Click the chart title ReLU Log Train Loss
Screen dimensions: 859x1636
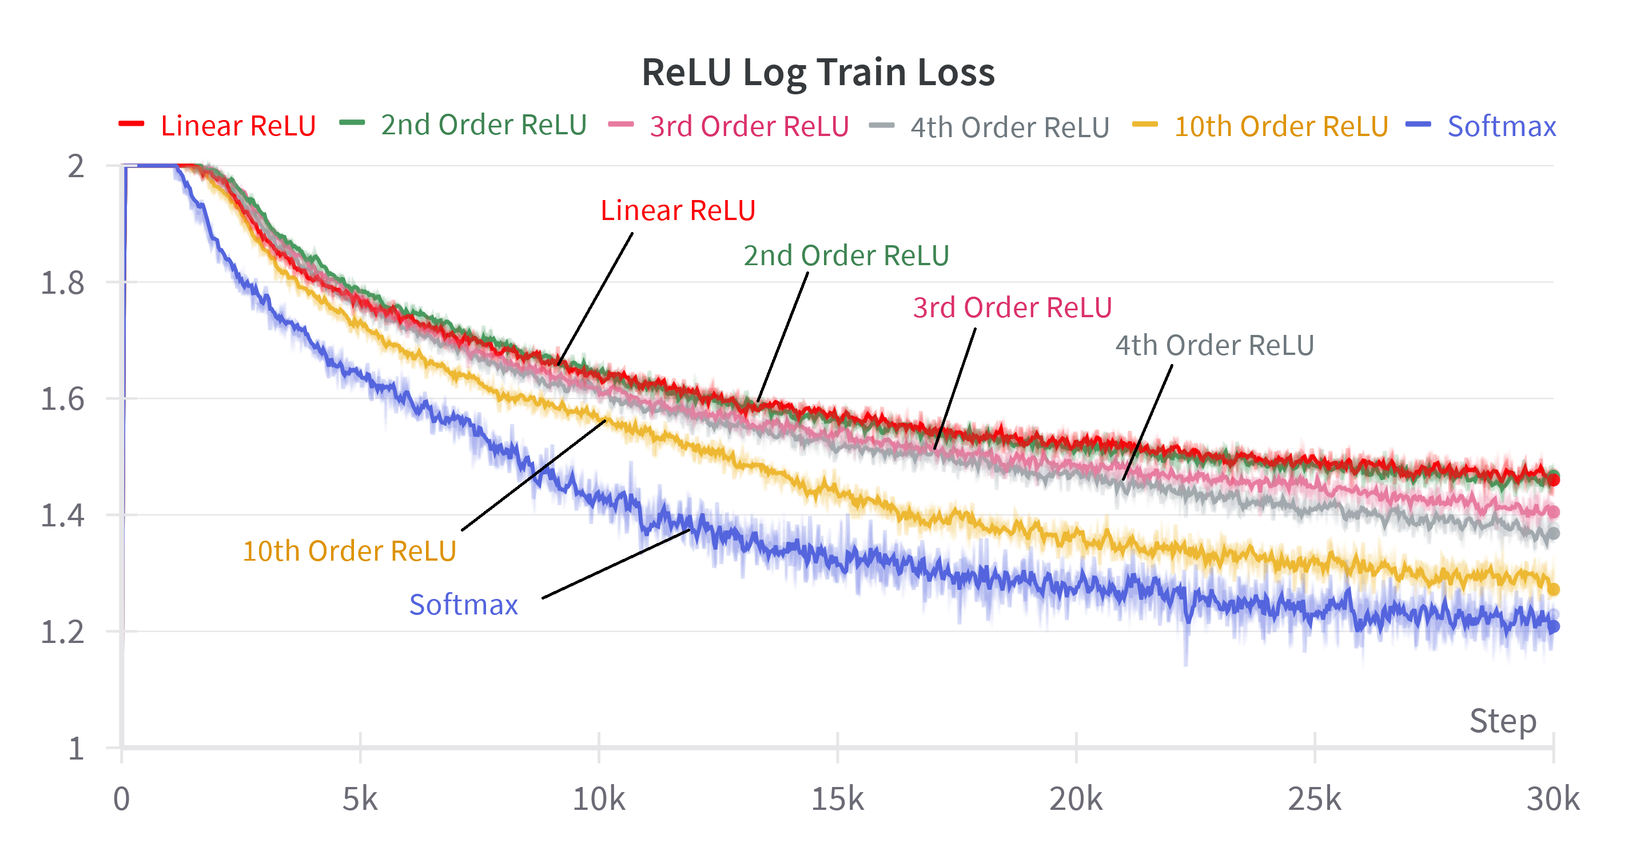click(x=817, y=72)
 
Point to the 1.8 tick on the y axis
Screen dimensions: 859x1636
click(x=62, y=283)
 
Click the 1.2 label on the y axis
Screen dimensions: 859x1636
click(x=62, y=632)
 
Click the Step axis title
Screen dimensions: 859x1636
click(x=1503, y=721)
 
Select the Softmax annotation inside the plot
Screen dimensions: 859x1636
click(x=464, y=605)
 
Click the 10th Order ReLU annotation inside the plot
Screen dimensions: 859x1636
click(x=349, y=551)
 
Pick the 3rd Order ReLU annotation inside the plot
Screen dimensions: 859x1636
click(x=1012, y=308)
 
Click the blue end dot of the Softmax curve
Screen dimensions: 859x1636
click(x=1554, y=626)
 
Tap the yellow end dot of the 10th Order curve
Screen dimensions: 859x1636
click(x=1554, y=590)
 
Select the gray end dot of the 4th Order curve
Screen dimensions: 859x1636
click(x=1554, y=533)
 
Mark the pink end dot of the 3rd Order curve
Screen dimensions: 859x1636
click(x=1554, y=512)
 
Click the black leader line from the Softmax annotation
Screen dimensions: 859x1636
click(x=616, y=564)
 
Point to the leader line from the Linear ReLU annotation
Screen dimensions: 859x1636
click(x=595, y=298)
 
